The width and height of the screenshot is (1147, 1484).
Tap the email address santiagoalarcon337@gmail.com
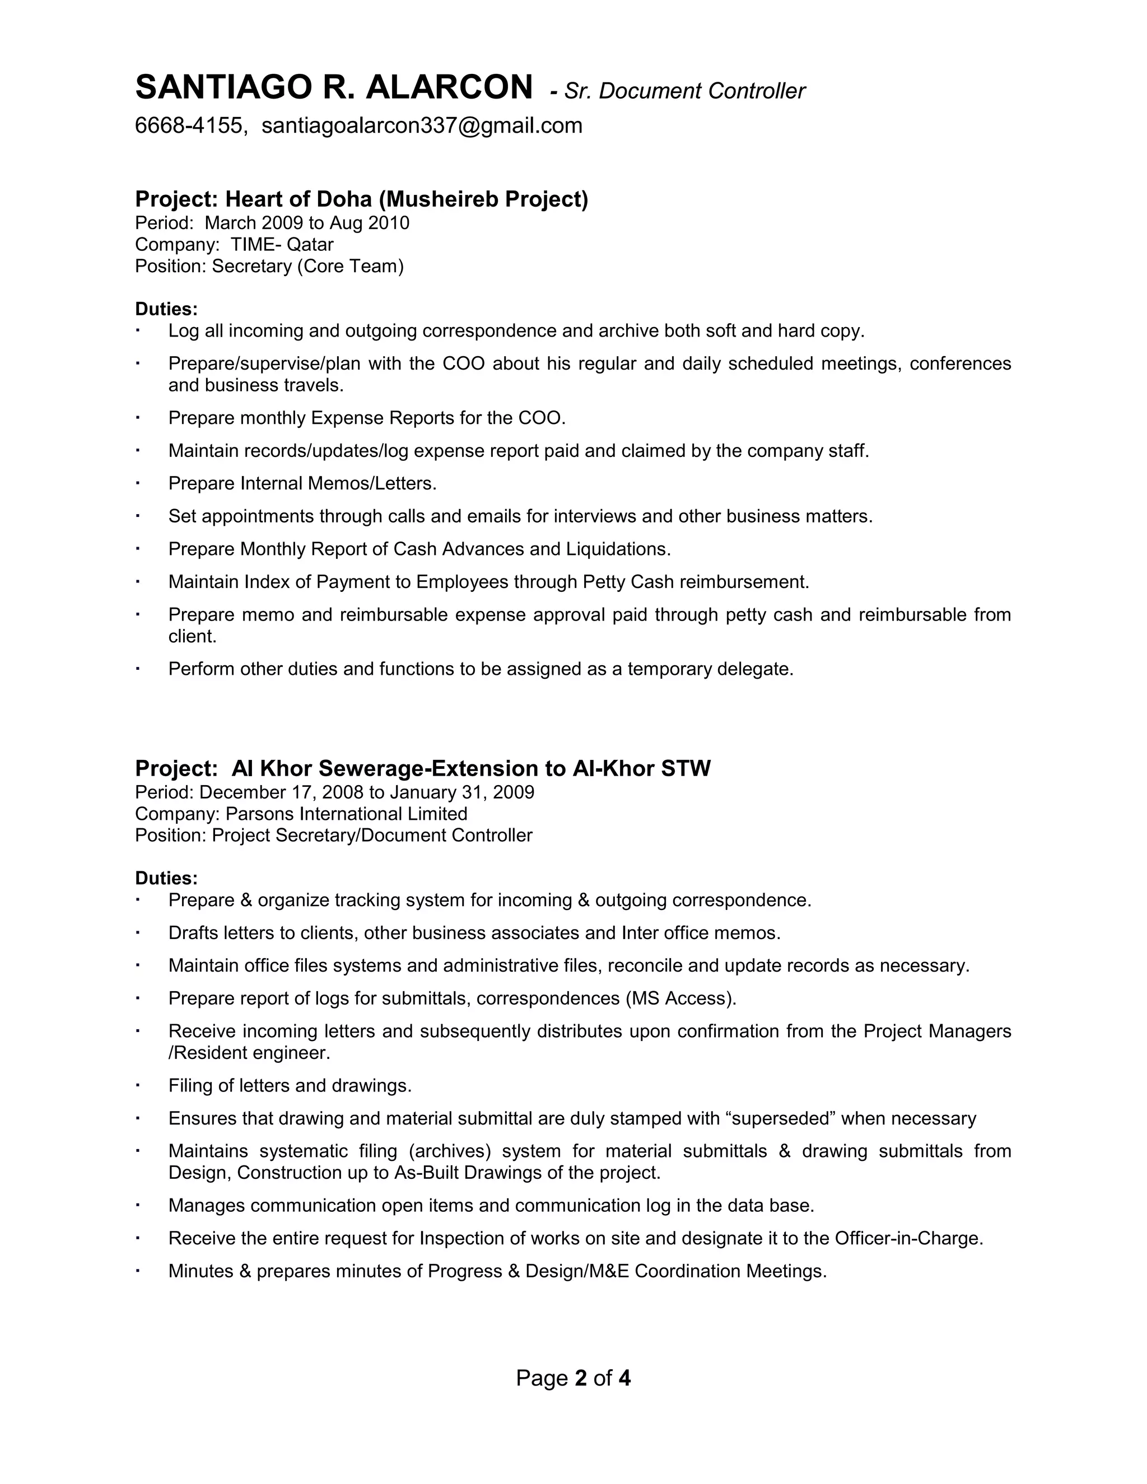point(421,125)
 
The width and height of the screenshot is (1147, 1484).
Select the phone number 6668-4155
point(188,125)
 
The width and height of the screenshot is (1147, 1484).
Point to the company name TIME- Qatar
point(281,244)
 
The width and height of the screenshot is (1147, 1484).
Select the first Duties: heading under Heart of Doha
point(166,309)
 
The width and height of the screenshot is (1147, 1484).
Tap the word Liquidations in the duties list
point(618,549)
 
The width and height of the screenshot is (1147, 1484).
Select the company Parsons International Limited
point(346,814)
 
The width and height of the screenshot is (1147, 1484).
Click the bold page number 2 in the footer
point(580,1378)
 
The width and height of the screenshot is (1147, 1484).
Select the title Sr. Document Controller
point(684,91)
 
